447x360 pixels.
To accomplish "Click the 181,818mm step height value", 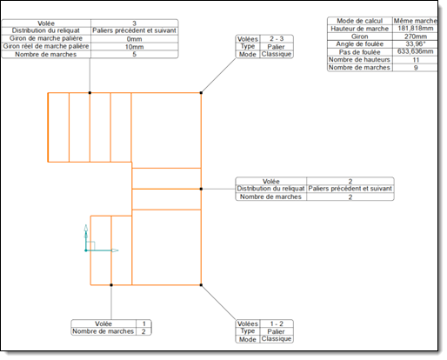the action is [x=416, y=29].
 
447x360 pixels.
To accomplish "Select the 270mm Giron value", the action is [x=416, y=37].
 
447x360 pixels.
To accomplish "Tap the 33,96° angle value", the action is [x=416, y=44].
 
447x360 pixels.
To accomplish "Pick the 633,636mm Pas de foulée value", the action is [x=416, y=51].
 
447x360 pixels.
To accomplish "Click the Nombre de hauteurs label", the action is [x=359, y=60].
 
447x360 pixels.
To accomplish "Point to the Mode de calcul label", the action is [x=359, y=21].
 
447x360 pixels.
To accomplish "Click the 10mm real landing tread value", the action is [x=134, y=47].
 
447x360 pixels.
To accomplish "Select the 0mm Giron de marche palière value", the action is [x=134, y=39].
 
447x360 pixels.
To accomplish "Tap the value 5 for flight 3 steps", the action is [x=134, y=54].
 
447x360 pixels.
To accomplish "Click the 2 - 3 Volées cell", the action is [x=277, y=38].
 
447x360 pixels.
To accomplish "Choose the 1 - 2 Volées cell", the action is [x=277, y=323].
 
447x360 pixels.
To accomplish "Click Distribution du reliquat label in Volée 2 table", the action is [x=270, y=189].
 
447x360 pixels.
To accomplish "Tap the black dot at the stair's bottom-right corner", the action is [x=201, y=285].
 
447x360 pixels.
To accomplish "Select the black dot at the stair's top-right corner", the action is [x=201, y=93].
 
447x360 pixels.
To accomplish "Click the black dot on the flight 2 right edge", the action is [x=201, y=189].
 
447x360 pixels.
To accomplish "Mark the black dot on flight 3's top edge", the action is [x=90, y=93].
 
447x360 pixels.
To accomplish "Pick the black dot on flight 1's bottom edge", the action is [x=111, y=285].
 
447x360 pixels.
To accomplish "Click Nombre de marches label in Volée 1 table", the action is [x=103, y=331].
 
